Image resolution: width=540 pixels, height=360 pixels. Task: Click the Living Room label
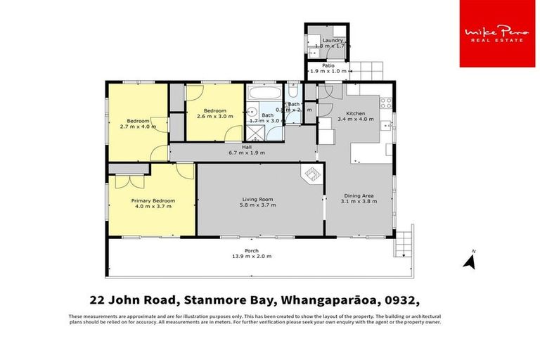258,200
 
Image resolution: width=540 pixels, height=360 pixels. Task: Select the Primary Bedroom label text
153,200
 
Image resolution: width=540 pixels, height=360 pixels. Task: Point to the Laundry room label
333,41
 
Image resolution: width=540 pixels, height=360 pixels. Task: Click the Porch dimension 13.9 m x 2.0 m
252,257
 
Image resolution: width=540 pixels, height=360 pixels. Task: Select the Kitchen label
355,114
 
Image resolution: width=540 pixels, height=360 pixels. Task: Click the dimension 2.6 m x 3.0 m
214,117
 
